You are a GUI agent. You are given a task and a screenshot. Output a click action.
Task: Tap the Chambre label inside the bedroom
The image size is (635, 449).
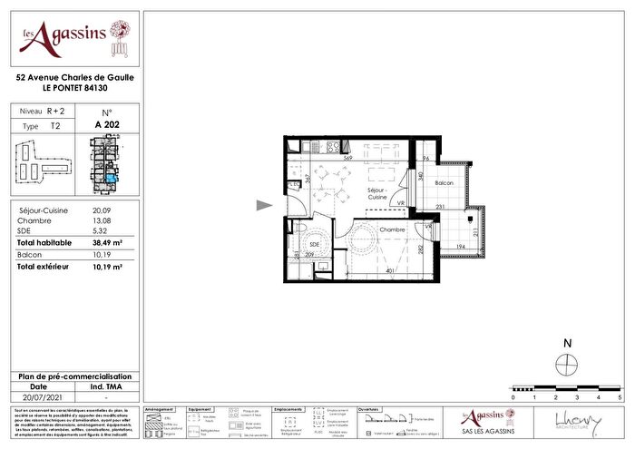point(393,229)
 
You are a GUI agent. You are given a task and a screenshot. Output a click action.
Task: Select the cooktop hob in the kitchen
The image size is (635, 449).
point(332,147)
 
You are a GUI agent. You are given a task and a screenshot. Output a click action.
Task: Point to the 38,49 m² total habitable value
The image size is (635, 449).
point(108,244)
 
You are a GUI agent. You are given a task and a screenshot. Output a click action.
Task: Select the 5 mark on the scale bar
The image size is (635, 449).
point(620,397)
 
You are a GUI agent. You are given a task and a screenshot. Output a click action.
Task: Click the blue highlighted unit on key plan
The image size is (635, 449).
point(112,178)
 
